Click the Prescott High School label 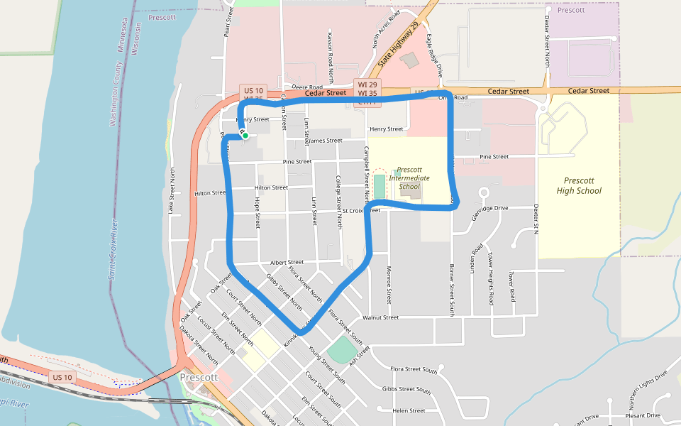579,185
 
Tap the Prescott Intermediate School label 409,178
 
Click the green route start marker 245,135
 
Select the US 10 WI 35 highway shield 253,95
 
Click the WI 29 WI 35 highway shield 367,89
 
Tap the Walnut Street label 381,317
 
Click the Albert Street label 287,262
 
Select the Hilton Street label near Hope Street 271,188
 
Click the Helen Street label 409,410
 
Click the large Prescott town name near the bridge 198,377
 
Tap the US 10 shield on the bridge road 62,377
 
